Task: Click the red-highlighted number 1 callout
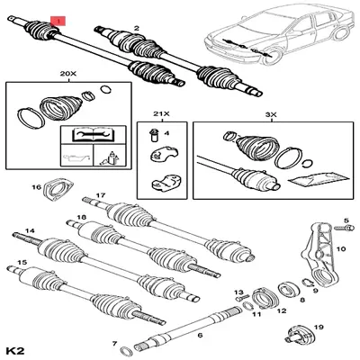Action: tap(60, 17)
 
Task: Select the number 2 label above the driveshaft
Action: tap(136, 30)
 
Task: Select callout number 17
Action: tap(102, 193)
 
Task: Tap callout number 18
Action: tap(82, 219)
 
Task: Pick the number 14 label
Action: tap(30, 231)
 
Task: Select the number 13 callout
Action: tap(239, 293)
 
